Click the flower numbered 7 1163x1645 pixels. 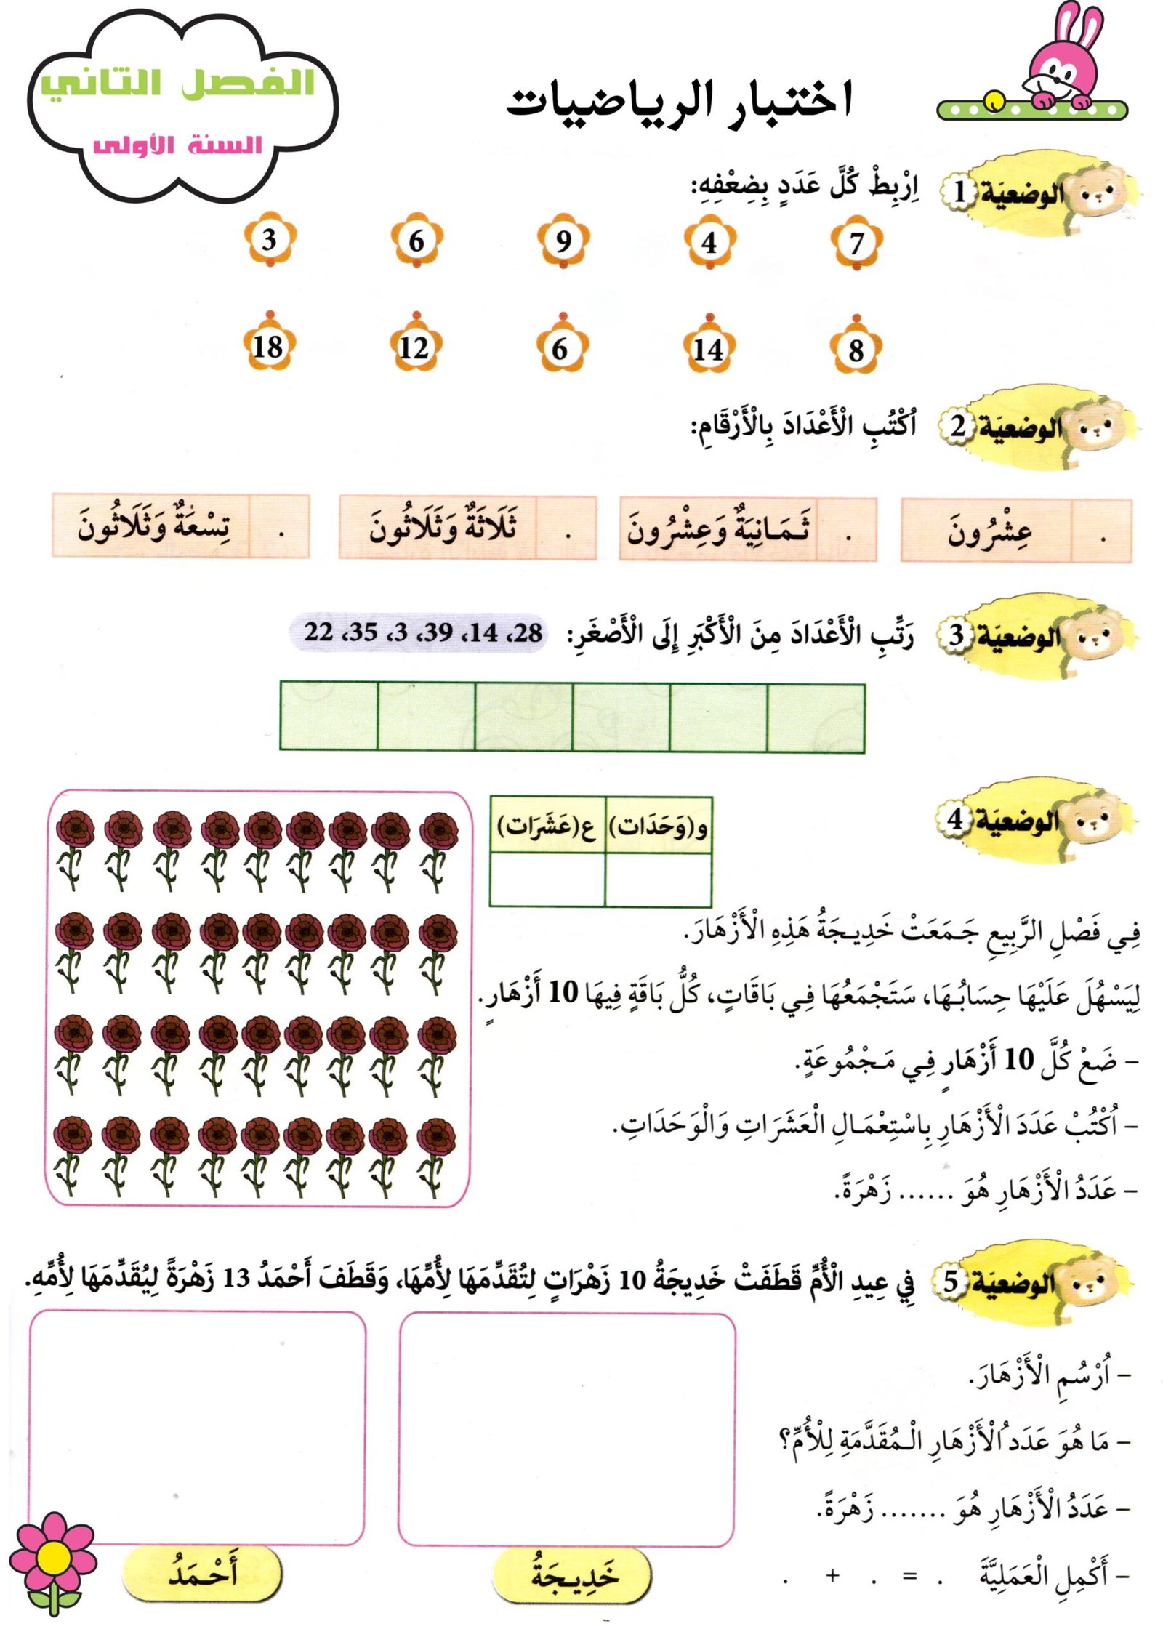(856, 243)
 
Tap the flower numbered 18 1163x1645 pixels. (267, 347)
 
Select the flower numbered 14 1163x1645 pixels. (708, 349)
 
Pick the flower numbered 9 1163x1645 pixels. (563, 241)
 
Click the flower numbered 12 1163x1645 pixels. (414, 347)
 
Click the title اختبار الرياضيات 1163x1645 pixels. (679, 102)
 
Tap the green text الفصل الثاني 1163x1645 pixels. (178, 84)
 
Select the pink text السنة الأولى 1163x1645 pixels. (178, 145)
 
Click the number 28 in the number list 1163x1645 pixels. (526, 632)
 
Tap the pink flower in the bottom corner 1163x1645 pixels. (52, 1557)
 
